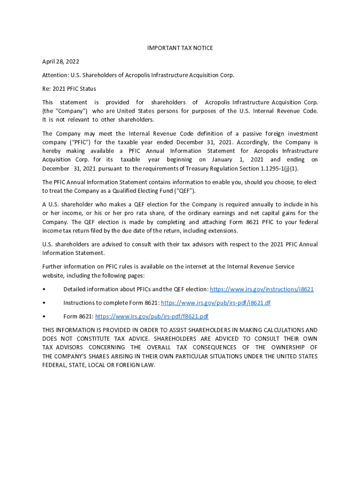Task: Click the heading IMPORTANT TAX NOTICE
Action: [180, 48]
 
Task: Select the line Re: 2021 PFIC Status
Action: [69, 88]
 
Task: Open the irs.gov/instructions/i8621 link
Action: [261, 289]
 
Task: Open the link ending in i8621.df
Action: [216, 303]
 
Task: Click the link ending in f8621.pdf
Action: [151, 316]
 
